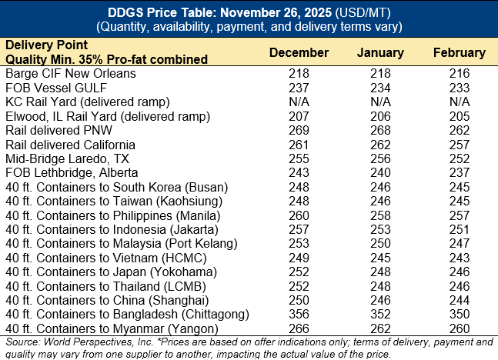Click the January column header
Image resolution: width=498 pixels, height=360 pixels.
coord(380,53)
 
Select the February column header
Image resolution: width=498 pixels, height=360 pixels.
coord(460,53)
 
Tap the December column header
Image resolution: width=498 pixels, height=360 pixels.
coord(299,53)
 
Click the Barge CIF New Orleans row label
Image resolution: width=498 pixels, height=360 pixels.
coord(71,73)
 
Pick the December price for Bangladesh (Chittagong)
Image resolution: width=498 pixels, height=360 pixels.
coord(299,314)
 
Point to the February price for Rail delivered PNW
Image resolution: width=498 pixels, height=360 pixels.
coord(460,130)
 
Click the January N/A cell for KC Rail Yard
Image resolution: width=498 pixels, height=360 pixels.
coord(380,102)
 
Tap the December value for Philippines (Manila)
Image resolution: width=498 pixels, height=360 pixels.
coord(299,215)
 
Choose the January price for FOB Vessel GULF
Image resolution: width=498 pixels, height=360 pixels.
coord(380,87)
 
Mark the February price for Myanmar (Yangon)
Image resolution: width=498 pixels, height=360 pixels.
coord(460,328)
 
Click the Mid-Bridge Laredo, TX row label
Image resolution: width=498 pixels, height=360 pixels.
coord(66,158)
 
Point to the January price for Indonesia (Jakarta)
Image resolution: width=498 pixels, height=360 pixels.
coord(380,228)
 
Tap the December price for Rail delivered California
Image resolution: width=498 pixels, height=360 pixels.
coord(299,144)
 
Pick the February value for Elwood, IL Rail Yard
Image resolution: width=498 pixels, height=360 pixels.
coord(460,115)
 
